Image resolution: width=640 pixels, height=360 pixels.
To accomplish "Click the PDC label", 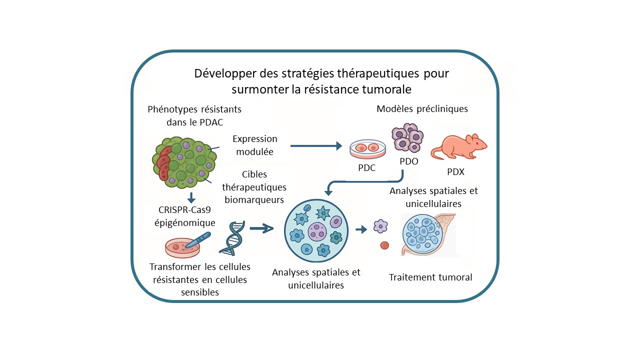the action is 367,167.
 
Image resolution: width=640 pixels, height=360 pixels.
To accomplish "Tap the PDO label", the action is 409,161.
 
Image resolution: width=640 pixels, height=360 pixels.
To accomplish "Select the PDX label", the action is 455,171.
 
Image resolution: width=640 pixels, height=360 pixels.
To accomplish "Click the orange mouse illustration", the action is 459,146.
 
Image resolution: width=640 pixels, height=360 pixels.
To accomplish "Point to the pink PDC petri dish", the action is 367,149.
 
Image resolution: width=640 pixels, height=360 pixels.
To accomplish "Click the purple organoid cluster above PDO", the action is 407,137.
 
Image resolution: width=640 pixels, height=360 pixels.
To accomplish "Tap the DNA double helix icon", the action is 232,238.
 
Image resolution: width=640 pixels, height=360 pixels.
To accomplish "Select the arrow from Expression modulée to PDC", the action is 316,146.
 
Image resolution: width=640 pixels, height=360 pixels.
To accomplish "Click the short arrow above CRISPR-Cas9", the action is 191,197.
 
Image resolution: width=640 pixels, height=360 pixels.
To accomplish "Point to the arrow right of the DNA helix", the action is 261,228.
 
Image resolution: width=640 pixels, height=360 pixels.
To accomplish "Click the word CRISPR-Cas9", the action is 184,210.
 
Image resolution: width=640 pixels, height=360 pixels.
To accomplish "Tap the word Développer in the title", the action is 225,73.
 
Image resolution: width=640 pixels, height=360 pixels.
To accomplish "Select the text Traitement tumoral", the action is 430,277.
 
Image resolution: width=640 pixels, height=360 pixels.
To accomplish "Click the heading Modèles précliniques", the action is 422,109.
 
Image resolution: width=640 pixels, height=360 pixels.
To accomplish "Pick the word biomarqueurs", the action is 254,200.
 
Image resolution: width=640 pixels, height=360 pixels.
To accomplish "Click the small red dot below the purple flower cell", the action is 384,245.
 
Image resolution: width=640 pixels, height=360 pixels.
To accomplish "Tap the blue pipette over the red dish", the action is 198,240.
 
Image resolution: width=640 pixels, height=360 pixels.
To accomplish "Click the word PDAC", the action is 211,122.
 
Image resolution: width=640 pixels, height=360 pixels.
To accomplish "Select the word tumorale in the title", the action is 387,89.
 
